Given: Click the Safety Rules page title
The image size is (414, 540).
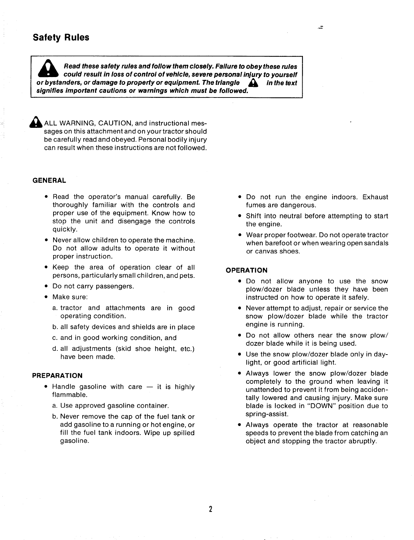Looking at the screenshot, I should click(x=61, y=37).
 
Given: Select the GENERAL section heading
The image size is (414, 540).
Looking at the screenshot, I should click(x=49, y=180).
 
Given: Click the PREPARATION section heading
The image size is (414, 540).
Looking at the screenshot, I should click(x=57, y=376).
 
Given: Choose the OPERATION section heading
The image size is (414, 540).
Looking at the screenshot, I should click(x=247, y=270).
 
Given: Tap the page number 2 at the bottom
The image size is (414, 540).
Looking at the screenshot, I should click(x=211, y=509).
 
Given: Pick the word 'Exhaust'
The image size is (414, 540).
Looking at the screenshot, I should click(x=375, y=197).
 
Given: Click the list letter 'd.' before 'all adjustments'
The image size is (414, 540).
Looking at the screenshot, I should click(x=55, y=349).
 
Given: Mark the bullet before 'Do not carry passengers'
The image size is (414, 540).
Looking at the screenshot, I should click(x=46, y=286).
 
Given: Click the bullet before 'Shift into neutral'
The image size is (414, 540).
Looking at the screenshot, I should click(x=240, y=216).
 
